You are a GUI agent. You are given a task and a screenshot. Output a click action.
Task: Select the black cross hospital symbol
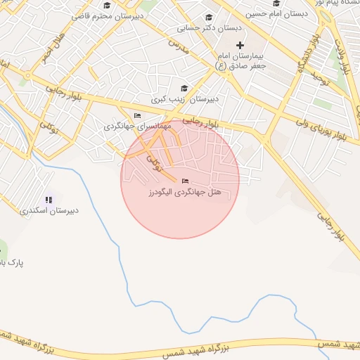pyautogui.click(x=240, y=45)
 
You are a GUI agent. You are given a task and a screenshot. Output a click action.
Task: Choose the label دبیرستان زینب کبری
pyautogui.click(x=186, y=99)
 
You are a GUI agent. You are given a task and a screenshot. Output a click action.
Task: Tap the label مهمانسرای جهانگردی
pyautogui.click(x=138, y=126)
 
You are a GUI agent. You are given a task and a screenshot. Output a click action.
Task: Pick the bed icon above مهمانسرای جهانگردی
pyautogui.click(x=137, y=115)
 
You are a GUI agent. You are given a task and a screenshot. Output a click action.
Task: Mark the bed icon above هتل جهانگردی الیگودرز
pyautogui.click(x=185, y=181)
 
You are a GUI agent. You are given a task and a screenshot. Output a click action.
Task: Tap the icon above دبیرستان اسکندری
pyautogui.click(x=49, y=200)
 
